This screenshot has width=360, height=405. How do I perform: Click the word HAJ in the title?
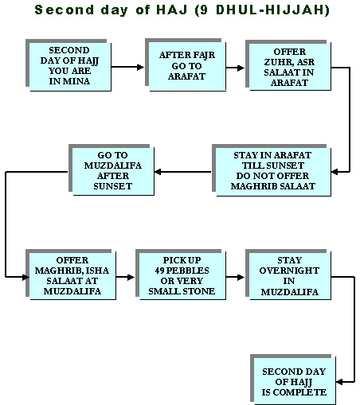[x=171, y=10]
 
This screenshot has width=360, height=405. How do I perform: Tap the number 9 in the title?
[x=204, y=10]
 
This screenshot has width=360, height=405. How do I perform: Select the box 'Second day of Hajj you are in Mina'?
[x=68, y=65]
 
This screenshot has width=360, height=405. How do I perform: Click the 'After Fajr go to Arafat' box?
[x=186, y=65]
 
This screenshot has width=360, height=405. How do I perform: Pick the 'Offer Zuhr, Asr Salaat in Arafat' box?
[x=288, y=65]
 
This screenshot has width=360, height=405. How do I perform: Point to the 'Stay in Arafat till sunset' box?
[x=272, y=170]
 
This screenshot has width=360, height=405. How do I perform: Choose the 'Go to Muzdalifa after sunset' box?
[x=112, y=170]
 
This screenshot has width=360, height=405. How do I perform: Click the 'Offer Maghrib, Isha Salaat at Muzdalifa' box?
[x=71, y=275]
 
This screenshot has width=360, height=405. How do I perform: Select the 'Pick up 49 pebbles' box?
[x=181, y=275]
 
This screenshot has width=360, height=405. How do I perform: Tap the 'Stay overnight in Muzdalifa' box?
[x=288, y=275]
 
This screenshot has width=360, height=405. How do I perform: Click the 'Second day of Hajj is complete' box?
[x=293, y=380]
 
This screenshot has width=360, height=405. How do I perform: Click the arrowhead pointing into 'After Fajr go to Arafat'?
[x=140, y=67]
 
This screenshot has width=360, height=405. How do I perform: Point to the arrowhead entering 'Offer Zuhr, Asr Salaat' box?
[x=241, y=68]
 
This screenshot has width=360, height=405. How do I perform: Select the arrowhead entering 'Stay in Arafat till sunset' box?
[x=335, y=172]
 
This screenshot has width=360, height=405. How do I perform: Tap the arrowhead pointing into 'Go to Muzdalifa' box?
[x=158, y=172]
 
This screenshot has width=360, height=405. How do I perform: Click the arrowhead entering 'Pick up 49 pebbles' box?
[x=131, y=277]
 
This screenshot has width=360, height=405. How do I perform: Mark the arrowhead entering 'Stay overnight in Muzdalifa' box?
[x=241, y=277]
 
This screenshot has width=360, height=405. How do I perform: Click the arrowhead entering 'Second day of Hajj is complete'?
[x=339, y=382]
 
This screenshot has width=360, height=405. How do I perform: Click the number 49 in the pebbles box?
[x=159, y=271]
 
